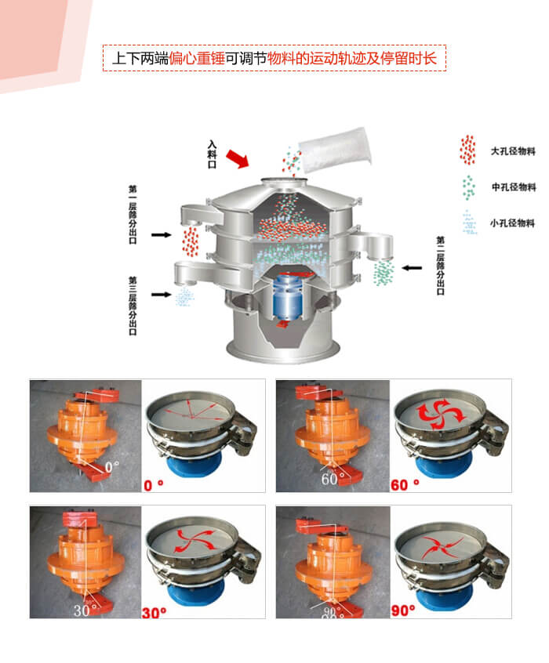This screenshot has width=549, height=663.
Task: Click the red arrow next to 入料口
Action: point(236,159)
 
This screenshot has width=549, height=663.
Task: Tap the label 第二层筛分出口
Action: point(440,265)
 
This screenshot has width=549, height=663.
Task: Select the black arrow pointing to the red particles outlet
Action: point(162,234)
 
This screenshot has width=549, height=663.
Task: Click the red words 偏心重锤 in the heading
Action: point(197,58)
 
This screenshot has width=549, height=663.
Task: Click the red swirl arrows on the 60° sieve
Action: point(434,412)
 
